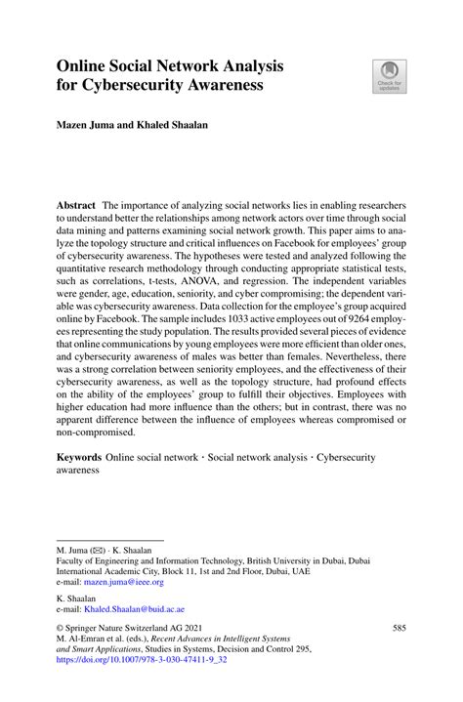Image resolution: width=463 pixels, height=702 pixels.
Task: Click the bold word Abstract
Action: coord(78,206)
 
